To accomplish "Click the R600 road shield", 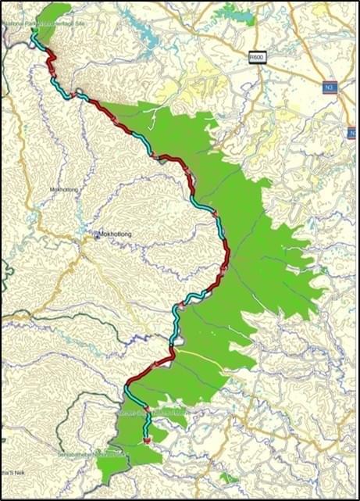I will tap(257, 57).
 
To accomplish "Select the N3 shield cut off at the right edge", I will tap(354, 134).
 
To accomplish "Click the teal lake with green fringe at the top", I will tap(233, 13).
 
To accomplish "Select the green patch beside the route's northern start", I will tap(53, 13).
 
